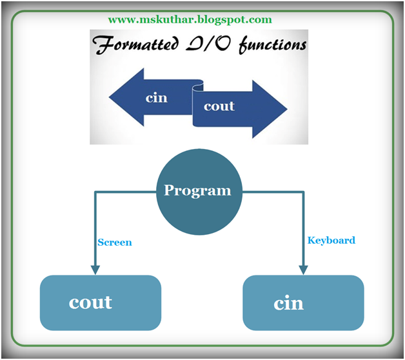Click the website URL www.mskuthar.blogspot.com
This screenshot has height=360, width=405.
pyautogui.click(x=190, y=19)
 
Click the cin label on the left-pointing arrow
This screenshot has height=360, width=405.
pyautogui.click(x=156, y=97)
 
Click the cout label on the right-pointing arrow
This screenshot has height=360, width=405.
pyautogui.click(x=219, y=106)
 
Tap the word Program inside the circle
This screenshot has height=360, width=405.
pyautogui.click(x=197, y=190)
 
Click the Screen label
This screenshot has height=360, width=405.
pyautogui.click(x=114, y=243)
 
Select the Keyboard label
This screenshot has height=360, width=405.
pyautogui.click(x=331, y=240)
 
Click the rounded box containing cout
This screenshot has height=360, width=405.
pyautogui.click(x=100, y=303)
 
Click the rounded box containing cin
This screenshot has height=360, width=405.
pyautogui.click(x=303, y=303)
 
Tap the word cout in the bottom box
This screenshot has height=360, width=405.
pyautogui.click(x=90, y=302)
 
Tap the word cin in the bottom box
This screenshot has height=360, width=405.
pyautogui.click(x=288, y=303)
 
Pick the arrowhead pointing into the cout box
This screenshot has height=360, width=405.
pyautogui.click(x=95, y=269)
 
